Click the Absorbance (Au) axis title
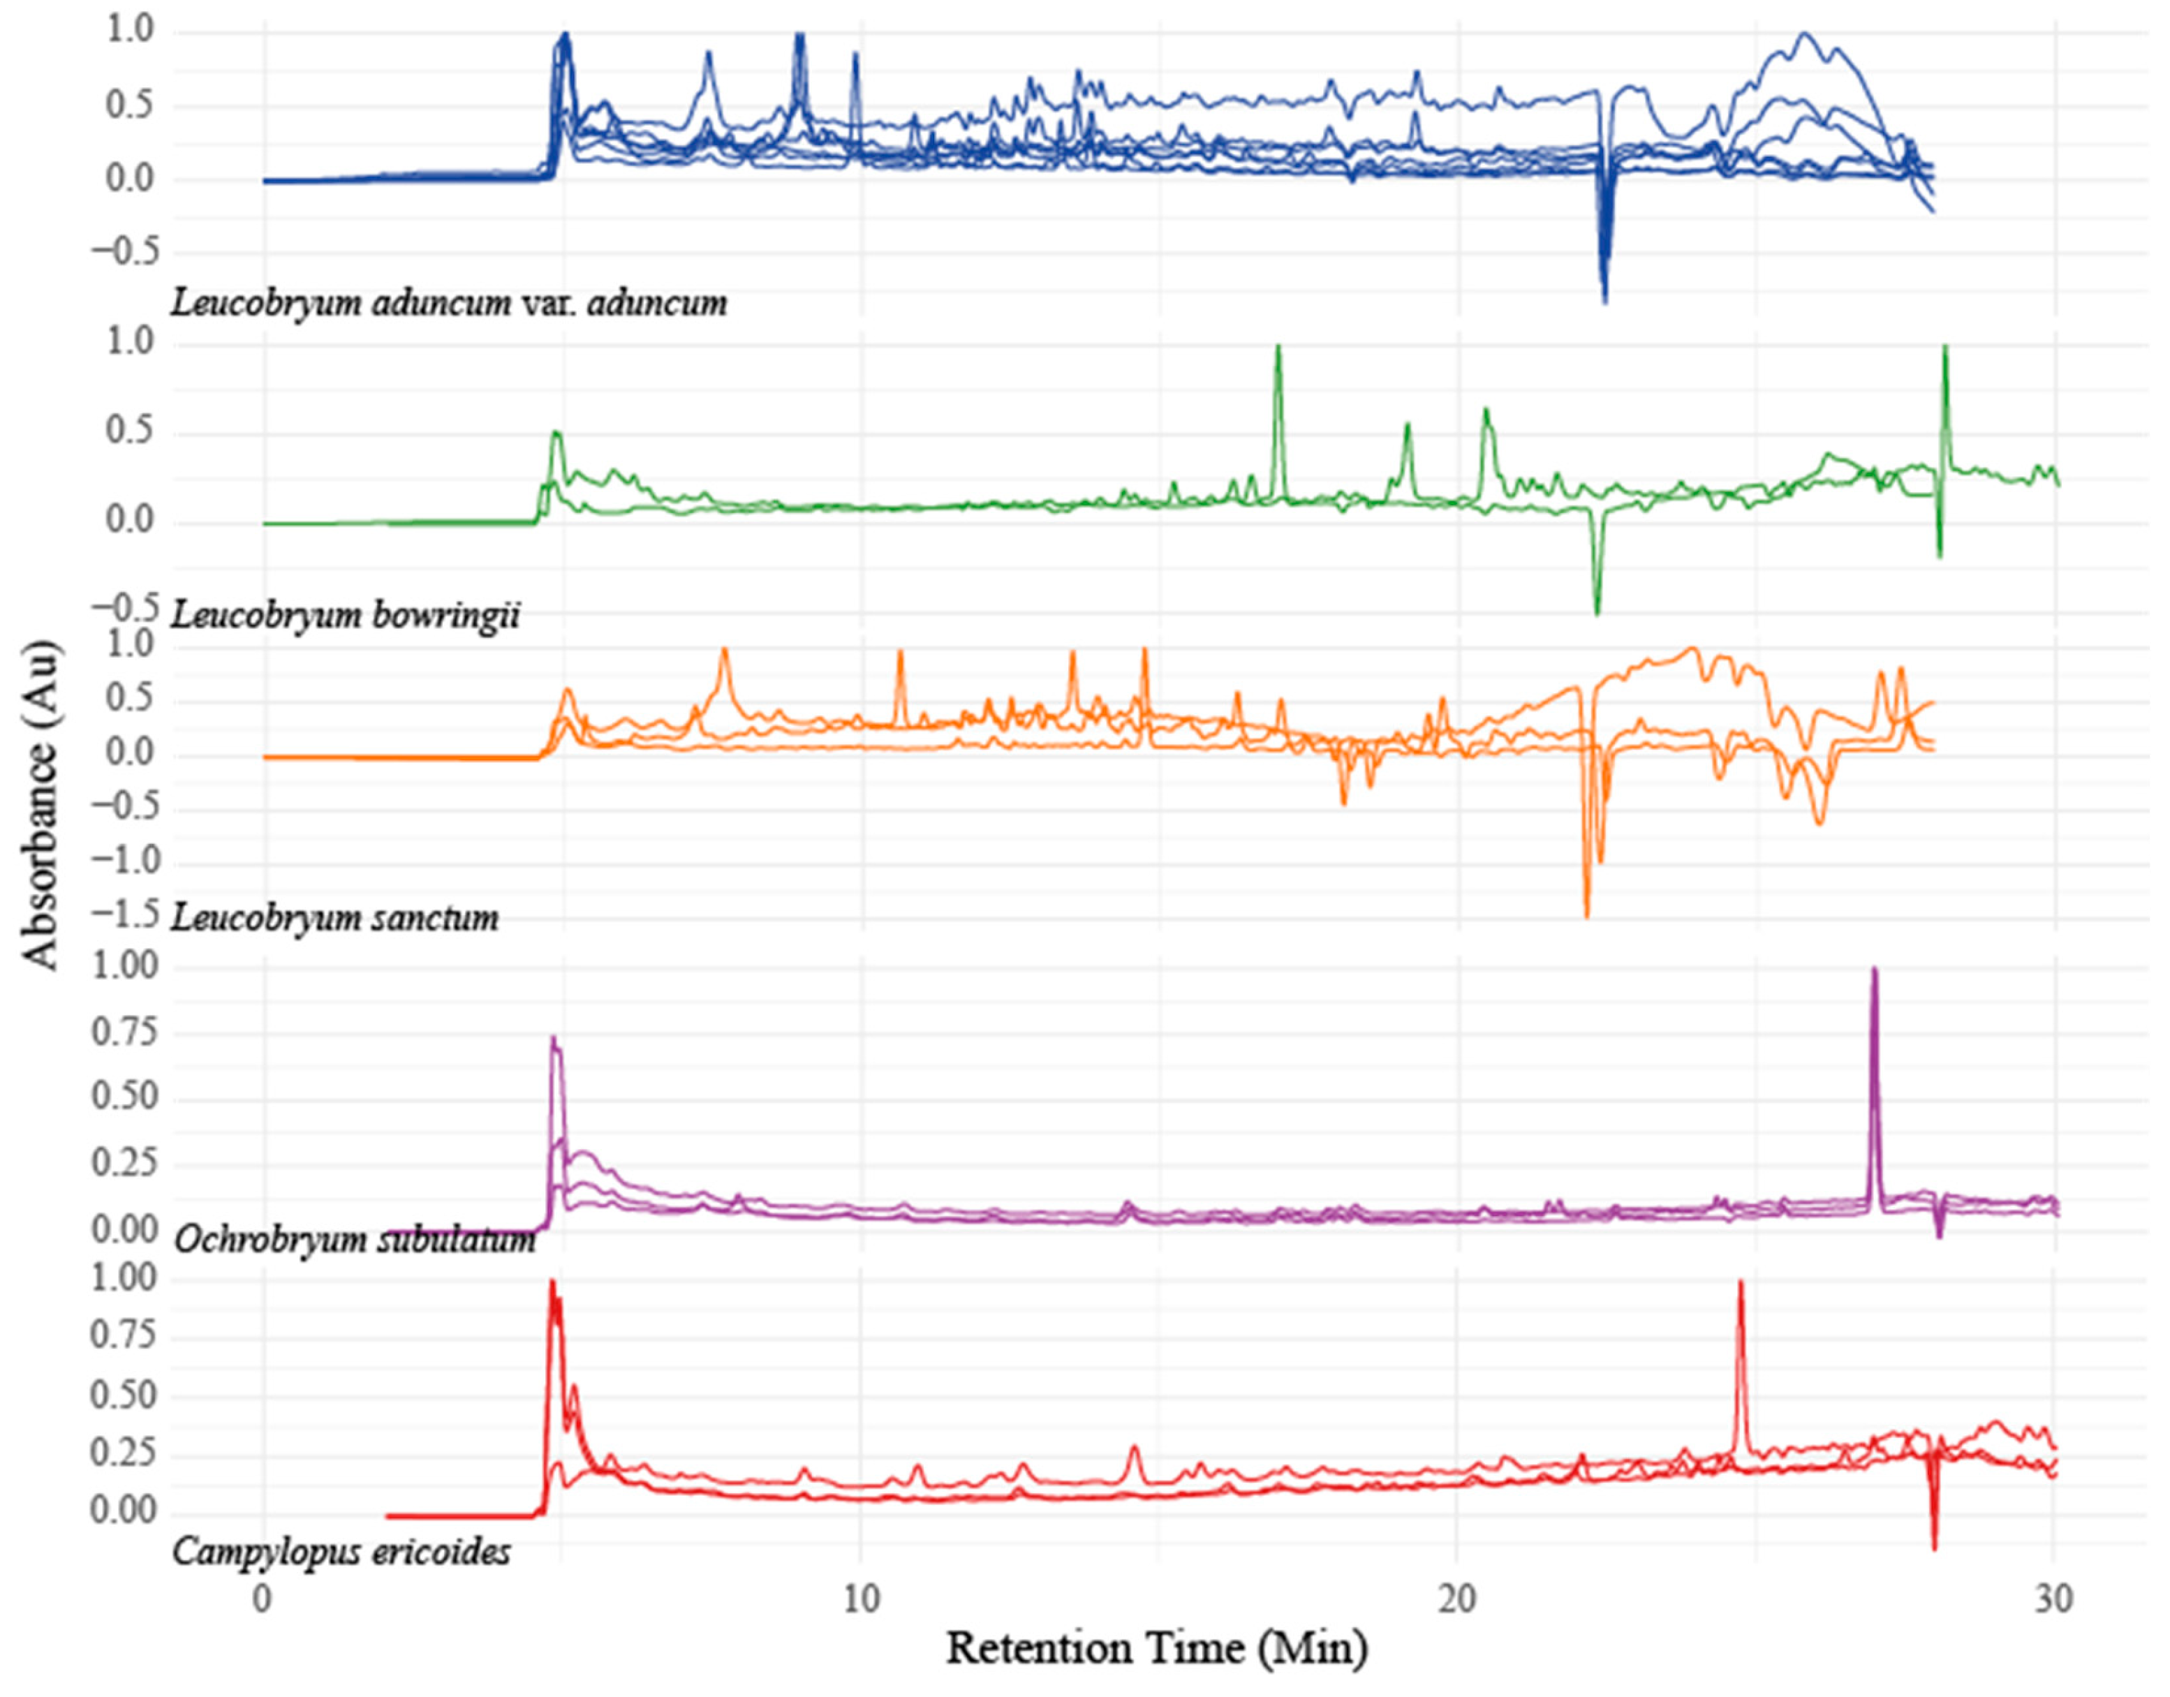(42, 805)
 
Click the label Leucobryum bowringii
(345, 616)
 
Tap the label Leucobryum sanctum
(335, 917)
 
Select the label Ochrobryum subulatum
(355, 1239)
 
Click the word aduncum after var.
(657, 302)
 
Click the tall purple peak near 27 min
(1874, 974)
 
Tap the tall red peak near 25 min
(1741, 1287)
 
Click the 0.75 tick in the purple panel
(124, 1033)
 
